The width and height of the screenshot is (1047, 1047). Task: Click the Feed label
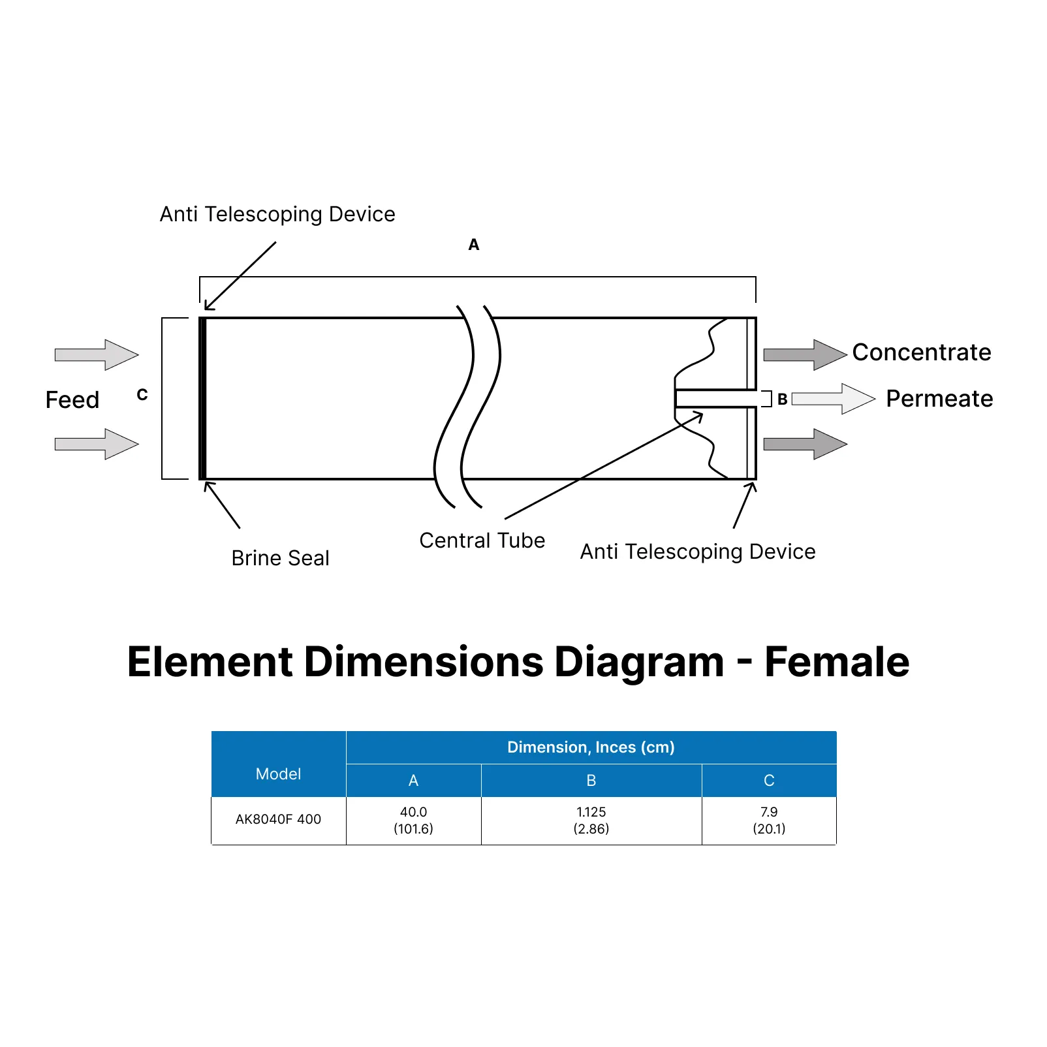(x=72, y=399)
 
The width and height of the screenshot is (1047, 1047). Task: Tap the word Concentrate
(x=921, y=352)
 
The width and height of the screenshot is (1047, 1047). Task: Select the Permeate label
(x=939, y=398)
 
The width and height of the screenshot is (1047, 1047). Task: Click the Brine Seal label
(x=280, y=558)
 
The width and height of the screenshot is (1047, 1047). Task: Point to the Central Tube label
(x=482, y=540)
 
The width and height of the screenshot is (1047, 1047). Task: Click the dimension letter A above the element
(x=474, y=245)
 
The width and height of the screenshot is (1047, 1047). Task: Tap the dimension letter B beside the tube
(x=782, y=399)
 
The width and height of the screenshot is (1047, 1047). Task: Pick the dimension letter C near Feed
(x=142, y=395)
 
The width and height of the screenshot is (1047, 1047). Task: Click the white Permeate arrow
(x=833, y=399)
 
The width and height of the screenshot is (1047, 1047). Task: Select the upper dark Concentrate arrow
(x=805, y=355)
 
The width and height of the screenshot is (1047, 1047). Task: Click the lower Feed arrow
(x=97, y=445)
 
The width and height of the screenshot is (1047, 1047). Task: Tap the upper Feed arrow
(x=97, y=355)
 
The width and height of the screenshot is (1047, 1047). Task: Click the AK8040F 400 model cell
(x=278, y=819)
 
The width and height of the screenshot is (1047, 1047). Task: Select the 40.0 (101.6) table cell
(x=413, y=820)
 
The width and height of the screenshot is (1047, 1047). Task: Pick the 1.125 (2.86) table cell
(x=591, y=820)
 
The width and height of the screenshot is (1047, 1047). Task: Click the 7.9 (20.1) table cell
(x=769, y=820)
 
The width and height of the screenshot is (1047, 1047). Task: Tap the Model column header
(x=278, y=774)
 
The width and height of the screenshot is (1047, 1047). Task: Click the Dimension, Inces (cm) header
(x=591, y=747)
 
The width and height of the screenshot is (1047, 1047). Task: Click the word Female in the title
(x=836, y=662)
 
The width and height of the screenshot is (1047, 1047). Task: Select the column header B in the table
(x=591, y=781)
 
